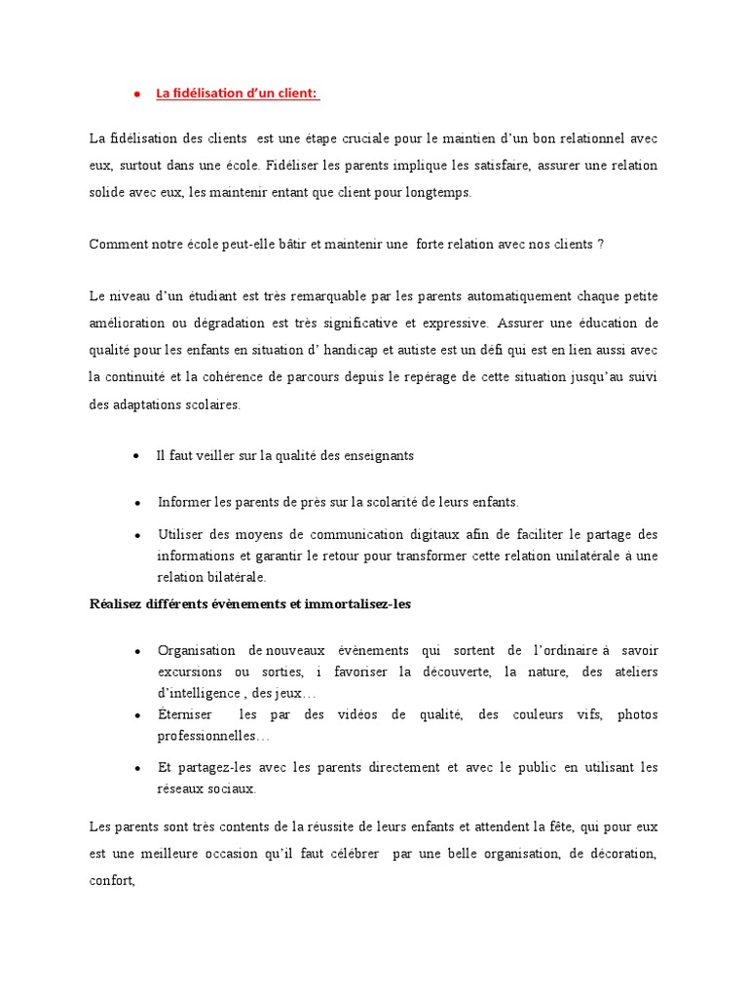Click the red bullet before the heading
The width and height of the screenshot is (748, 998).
[137, 95]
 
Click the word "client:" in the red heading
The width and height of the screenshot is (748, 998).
[297, 94]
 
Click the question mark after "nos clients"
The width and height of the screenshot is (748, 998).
[601, 245]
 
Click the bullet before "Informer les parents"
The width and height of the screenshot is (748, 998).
[137, 502]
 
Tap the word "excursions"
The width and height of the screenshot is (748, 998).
[189, 672]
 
